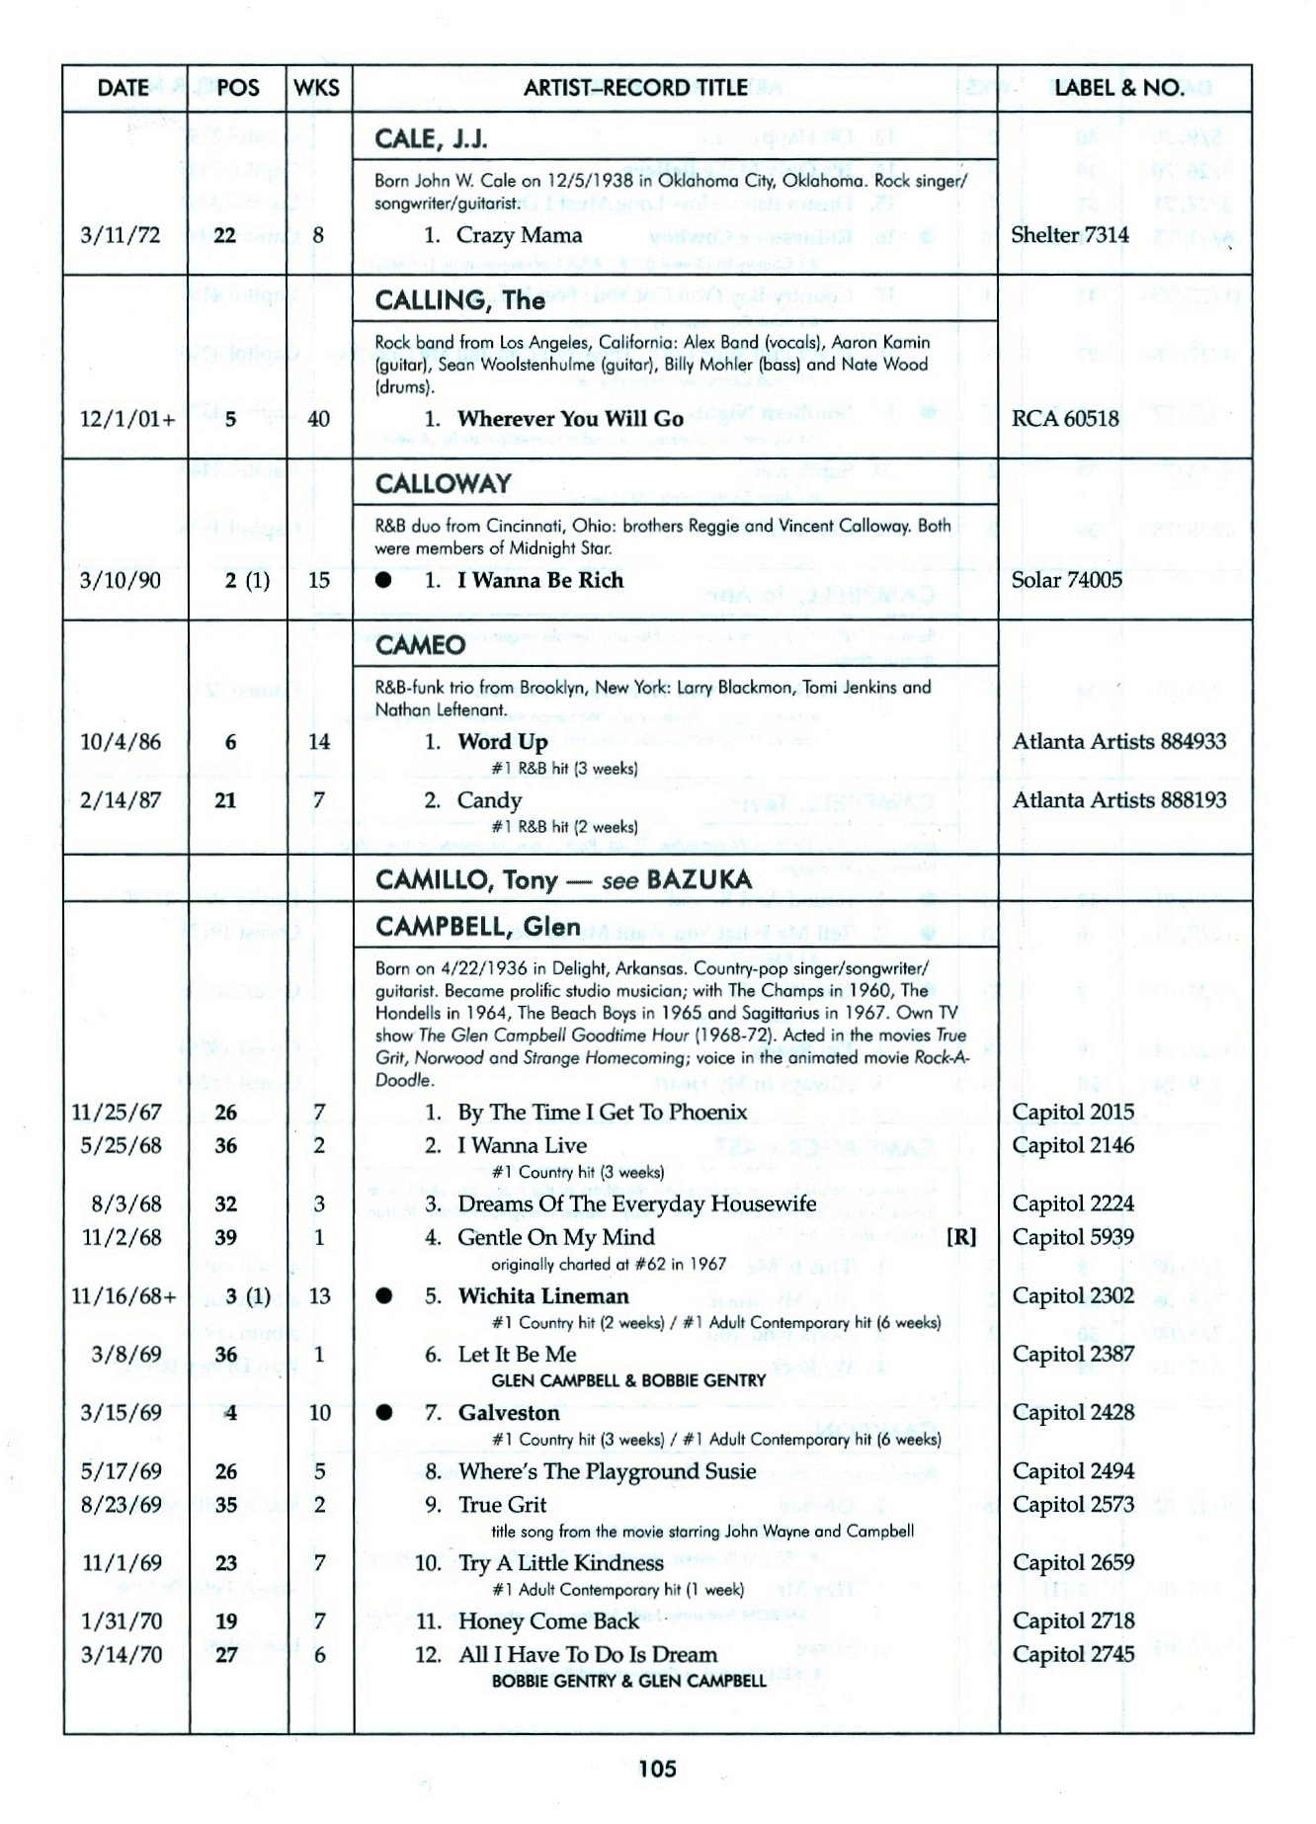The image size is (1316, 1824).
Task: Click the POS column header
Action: tap(237, 88)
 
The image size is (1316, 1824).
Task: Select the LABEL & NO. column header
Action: tap(1118, 88)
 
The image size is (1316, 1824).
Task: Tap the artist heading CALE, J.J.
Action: tap(431, 139)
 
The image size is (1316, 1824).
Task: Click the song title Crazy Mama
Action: tap(519, 235)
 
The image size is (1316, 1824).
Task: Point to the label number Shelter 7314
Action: tap(1070, 235)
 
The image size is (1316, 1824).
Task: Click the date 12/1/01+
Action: tap(127, 419)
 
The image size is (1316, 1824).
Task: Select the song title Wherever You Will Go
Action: tap(570, 419)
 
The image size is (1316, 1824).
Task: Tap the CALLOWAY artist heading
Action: tap(444, 483)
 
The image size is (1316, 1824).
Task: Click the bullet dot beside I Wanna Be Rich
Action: tap(383, 580)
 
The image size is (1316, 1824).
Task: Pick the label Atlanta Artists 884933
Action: tap(1119, 742)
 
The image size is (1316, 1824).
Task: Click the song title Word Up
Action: tap(502, 742)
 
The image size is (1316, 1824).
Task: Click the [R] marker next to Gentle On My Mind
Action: tap(961, 1237)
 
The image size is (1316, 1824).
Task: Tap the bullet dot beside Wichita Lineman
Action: tap(383, 1296)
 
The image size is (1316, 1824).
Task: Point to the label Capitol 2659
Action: tap(1073, 1563)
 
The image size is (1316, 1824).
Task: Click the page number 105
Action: tap(657, 1768)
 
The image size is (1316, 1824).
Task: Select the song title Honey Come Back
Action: tap(548, 1621)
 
